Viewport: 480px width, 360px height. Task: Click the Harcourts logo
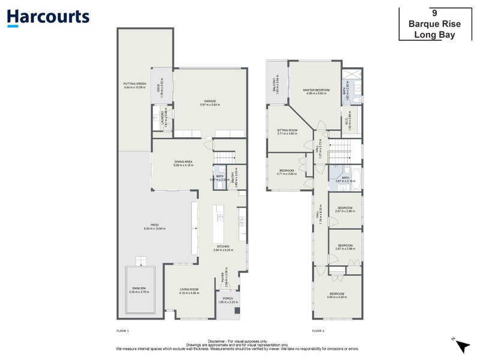click(x=48, y=17)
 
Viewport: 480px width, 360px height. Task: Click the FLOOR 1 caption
click(x=122, y=331)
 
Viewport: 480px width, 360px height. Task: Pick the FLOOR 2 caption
click(x=318, y=331)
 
